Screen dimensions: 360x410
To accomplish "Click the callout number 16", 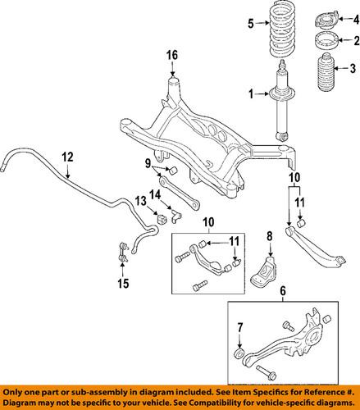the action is (x=172, y=55).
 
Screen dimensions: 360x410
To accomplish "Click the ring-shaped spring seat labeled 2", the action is (x=326, y=41).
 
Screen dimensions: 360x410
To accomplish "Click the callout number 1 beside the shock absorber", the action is (x=251, y=94).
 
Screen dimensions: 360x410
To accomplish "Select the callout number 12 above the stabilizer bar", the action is (x=67, y=157).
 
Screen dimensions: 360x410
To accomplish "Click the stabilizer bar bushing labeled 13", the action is (x=162, y=219).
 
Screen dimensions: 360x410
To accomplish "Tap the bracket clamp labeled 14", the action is (x=176, y=216).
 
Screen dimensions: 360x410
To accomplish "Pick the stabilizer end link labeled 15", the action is (x=123, y=253).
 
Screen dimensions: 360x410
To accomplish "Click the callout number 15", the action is (x=123, y=284).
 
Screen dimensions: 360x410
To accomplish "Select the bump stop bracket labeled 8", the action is (x=264, y=271).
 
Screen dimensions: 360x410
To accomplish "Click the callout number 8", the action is (x=270, y=236).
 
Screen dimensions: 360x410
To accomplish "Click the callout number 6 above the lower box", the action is (x=283, y=291).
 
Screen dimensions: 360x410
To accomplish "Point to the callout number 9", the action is (x=148, y=164).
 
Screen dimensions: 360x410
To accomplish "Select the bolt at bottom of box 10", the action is (x=200, y=286).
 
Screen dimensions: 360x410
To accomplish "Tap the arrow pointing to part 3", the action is (x=341, y=68).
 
